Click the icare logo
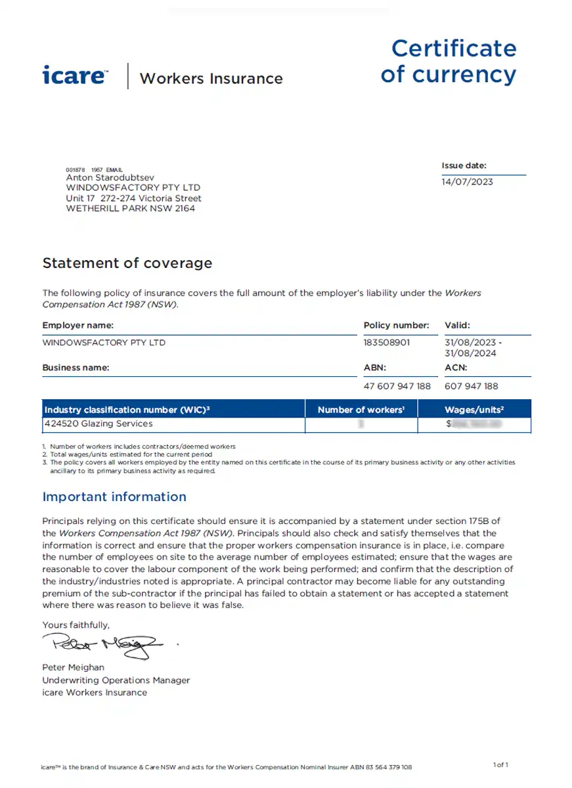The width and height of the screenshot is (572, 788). [x=75, y=75]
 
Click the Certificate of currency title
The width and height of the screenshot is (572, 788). [x=449, y=61]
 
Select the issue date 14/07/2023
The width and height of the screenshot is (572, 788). [x=467, y=182]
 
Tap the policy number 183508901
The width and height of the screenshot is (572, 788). [x=387, y=343]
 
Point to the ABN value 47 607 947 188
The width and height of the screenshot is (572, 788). [x=397, y=386]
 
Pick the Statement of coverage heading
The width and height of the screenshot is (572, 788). [x=127, y=263]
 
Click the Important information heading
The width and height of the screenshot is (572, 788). [x=114, y=496]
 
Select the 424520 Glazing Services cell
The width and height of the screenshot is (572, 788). [x=99, y=424]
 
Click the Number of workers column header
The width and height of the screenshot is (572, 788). [x=361, y=410]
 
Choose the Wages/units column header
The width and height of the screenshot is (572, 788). [x=474, y=410]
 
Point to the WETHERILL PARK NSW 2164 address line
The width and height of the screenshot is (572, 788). [x=131, y=209]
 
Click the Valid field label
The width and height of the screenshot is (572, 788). [x=458, y=325]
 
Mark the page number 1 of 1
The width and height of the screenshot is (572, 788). [x=500, y=764]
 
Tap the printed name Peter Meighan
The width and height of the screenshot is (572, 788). [x=73, y=668]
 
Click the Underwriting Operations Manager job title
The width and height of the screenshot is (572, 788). [x=116, y=680]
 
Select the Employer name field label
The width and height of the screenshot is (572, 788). [x=78, y=325]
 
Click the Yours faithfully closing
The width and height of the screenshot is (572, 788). [x=76, y=625]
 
